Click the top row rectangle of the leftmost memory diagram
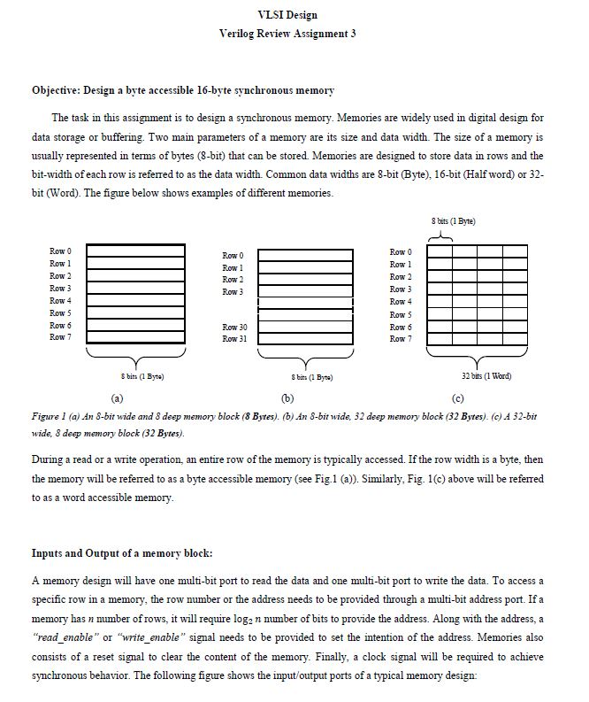click(x=135, y=251)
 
